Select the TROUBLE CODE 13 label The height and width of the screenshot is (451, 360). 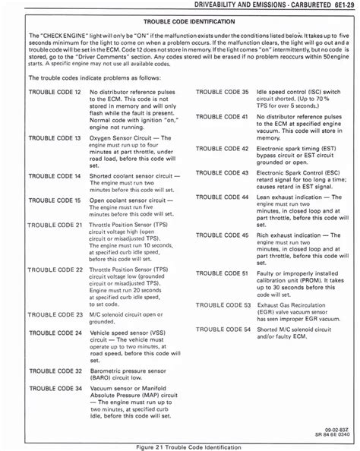[54, 140]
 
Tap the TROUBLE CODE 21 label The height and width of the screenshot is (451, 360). [54, 226]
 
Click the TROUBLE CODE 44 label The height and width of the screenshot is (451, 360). [222, 197]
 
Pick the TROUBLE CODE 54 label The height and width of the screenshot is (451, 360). [222, 329]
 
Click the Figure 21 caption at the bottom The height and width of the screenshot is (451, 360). [179, 445]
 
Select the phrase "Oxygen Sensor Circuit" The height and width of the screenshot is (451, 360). [124, 140]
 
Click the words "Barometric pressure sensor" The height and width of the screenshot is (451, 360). [129, 370]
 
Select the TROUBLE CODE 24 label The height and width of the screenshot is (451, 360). [54, 333]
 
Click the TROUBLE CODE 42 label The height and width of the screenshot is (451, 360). [222, 149]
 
